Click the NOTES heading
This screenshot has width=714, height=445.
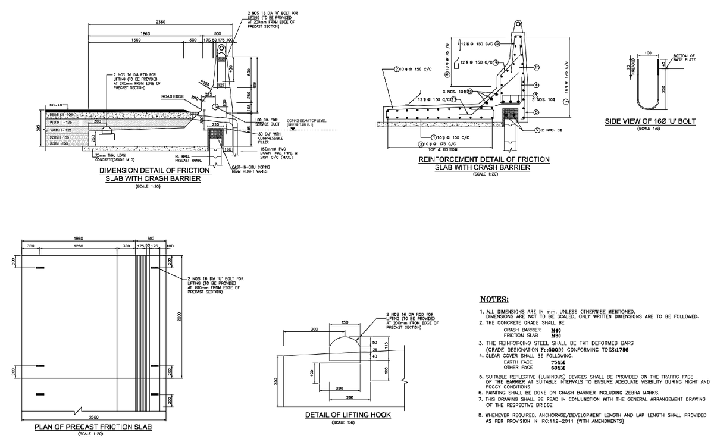(493, 299)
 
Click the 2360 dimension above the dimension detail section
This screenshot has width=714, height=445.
(161, 22)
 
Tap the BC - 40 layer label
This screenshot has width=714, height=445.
(57, 104)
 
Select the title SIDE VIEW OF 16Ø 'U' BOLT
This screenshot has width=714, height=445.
(650, 121)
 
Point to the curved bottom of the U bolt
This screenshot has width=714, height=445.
(648, 107)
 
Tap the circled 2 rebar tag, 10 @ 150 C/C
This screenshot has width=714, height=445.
(397, 68)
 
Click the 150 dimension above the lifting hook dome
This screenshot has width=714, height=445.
(345, 322)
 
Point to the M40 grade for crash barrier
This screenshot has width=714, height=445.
(556, 329)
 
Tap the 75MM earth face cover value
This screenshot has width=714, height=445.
(558, 362)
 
